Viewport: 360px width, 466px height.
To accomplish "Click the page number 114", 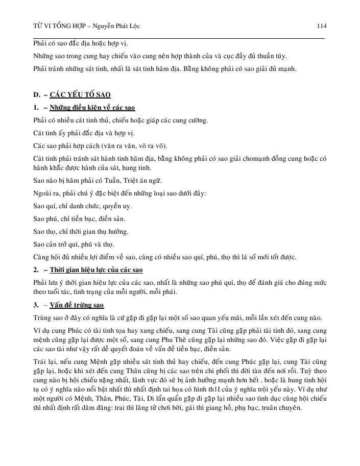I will [322, 26].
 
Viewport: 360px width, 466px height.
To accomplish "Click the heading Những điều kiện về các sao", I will [92, 108].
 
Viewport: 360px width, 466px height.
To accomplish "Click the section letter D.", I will [36, 95].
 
